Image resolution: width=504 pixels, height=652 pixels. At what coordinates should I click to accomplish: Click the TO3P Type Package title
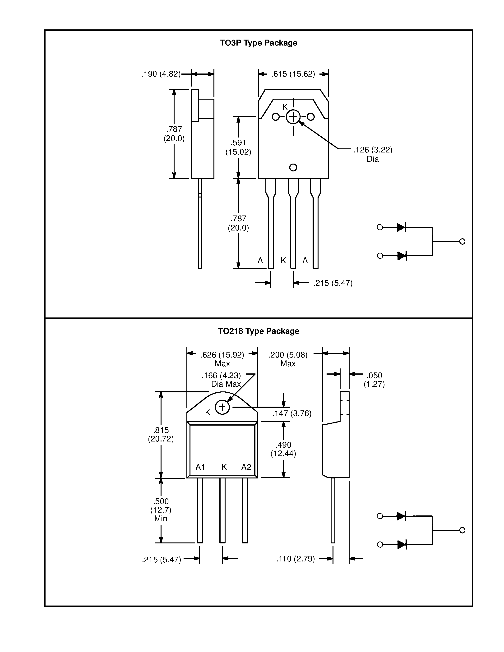point(258,43)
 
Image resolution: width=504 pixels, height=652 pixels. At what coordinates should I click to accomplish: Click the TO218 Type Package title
point(258,331)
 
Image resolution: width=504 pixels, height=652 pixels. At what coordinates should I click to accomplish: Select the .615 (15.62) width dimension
point(293,74)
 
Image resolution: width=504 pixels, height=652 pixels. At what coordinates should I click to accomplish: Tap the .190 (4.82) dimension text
point(161,74)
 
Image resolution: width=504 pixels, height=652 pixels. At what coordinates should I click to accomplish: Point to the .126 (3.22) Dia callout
point(373,154)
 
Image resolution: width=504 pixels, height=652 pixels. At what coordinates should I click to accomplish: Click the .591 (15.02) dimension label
point(238,147)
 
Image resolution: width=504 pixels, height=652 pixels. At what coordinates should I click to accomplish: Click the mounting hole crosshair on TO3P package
point(293,117)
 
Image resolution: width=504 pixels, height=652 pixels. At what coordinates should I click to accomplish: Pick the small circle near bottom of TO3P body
point(293,167)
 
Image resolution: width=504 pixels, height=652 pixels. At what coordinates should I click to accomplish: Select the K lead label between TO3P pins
point(283,260)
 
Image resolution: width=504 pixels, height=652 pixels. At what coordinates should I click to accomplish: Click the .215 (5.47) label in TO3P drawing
point(333,283)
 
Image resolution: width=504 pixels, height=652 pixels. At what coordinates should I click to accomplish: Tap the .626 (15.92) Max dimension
point(222,359)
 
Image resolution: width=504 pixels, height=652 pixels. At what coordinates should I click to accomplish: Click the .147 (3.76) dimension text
point(292,413)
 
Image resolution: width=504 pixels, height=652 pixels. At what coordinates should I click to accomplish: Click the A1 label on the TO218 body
point(200,467)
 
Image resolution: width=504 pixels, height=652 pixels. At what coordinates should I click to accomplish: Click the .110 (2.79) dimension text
point(295,559)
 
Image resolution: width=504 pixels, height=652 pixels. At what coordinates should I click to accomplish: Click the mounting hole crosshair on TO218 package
point(222,407)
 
